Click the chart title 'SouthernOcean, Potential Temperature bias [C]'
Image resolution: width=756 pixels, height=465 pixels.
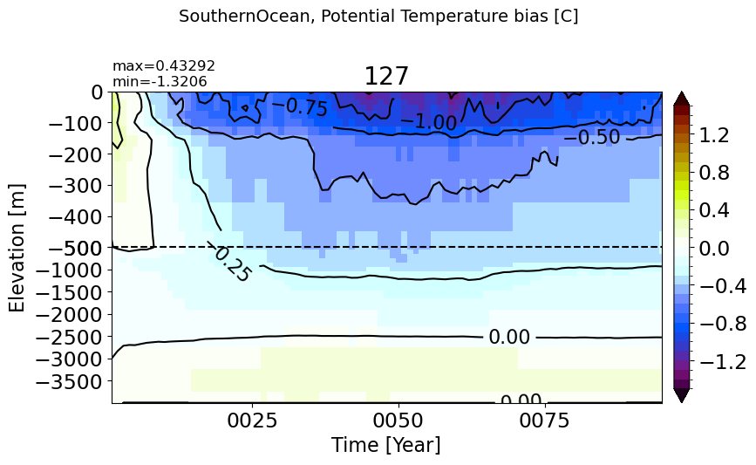tap(378, 17)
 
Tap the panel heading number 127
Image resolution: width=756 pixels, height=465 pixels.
tap(386, 76)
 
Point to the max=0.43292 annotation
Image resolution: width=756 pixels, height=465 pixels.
tap(164, 65)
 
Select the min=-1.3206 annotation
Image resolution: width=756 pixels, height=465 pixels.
tap(160, 81)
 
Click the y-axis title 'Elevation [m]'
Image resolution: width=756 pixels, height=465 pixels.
tap(17, 248)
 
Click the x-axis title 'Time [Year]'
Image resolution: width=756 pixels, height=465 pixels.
tap(385, 444)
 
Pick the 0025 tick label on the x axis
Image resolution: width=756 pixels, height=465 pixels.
tap(252, 421)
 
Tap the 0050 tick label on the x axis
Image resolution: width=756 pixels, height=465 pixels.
tap(398, 421)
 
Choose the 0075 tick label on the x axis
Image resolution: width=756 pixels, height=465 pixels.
tap(544, 421)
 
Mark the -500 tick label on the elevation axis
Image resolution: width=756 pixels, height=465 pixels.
tap(75, 248)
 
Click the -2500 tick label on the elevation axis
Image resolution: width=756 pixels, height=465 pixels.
tap(70, 337)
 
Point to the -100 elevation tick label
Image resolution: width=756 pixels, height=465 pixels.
tap(75, 124)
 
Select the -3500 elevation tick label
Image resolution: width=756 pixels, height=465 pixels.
tap(70, 381)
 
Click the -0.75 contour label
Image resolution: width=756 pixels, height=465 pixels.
tap(300, 106)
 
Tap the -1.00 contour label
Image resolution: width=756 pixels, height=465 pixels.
tap(429, 121)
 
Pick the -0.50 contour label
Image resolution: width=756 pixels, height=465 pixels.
tap(592, 138)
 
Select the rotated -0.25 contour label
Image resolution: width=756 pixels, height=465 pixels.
tap(228, 263)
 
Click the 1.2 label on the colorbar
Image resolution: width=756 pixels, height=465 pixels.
tap(714, 135)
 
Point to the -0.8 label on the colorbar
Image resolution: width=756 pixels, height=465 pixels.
tap(723, 324)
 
